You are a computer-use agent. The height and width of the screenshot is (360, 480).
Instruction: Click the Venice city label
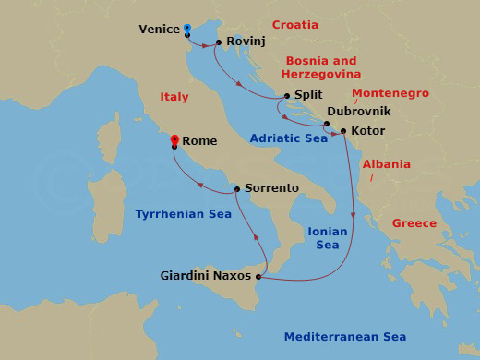click(159, 30)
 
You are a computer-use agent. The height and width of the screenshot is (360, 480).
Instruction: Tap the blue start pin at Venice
click(186, 29)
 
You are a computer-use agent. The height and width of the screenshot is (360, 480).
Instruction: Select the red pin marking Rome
click(174, 139)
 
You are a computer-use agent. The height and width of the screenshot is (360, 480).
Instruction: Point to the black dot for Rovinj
click(218, 42)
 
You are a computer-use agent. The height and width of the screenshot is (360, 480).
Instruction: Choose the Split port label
click(307, 95)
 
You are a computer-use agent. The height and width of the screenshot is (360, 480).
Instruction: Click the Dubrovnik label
click(359, 111)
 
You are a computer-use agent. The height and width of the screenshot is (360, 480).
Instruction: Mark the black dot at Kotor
click(343, 131)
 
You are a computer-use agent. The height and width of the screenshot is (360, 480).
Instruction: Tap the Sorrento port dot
click(237, 189)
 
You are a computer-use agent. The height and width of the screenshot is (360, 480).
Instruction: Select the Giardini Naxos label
click(204, 274)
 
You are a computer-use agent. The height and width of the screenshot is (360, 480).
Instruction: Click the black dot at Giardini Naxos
click(258, 277)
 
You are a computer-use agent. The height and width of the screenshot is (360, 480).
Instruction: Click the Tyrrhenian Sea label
click(183, 213)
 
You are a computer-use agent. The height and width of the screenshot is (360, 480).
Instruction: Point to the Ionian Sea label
click(328, 239)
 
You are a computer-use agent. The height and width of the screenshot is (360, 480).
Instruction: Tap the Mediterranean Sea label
click(344, 337)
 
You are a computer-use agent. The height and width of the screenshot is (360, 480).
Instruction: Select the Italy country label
click(174, 97)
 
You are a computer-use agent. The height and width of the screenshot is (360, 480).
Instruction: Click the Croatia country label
click(295, 25)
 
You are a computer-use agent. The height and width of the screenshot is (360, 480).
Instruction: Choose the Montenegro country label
click(390, 93)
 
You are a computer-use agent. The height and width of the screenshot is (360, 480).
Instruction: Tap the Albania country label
click(385, 163)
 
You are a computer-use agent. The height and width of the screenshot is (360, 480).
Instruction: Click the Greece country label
click(414, 223)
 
